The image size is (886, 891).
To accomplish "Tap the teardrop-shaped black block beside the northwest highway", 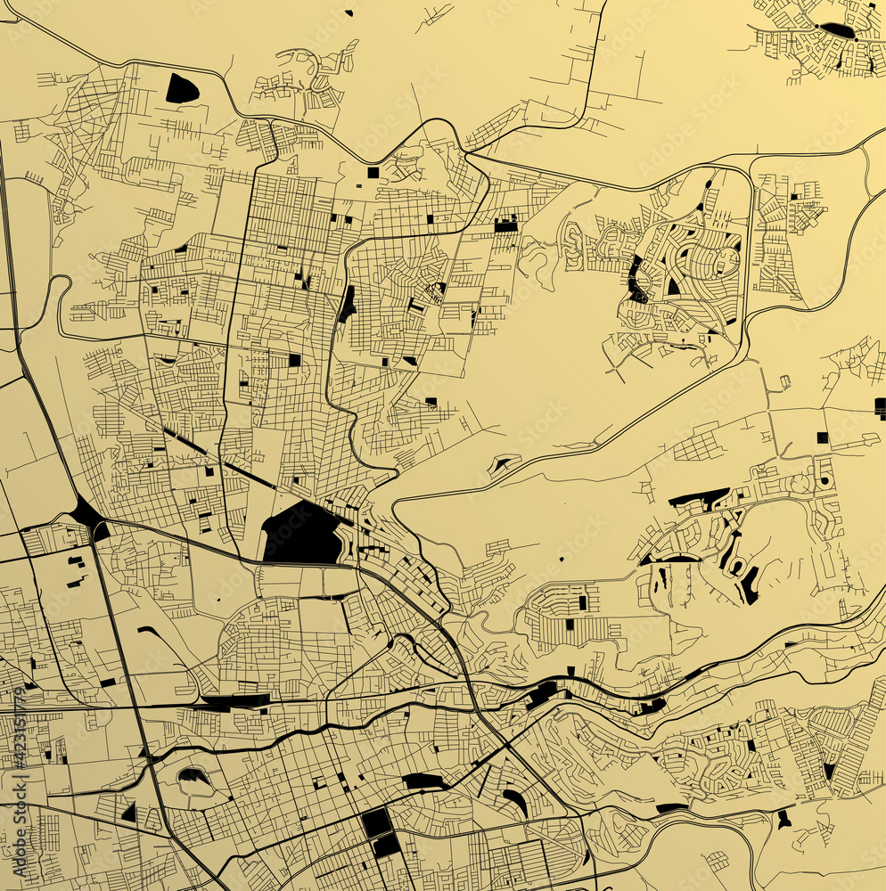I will [x=181, y=88].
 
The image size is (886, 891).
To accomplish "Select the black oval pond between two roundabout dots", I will [x=836, y=30].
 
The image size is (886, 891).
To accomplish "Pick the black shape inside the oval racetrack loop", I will [x=193, y=776].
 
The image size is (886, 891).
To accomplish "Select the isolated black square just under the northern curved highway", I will [x=373, y=172].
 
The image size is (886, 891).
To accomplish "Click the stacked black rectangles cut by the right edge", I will [x=880, y=408].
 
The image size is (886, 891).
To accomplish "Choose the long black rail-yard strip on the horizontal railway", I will [x=236, y=701].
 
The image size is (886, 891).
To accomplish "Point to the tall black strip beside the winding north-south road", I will [x=346, y=305].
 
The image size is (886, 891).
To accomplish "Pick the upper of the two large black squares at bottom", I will [x=376, y=822].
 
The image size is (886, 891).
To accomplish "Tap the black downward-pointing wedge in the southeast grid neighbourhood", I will [x=829, y=771].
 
